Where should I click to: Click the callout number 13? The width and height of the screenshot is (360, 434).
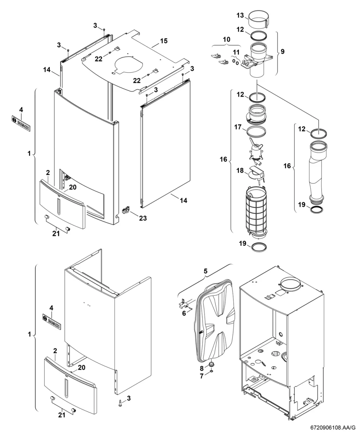click(240, 15)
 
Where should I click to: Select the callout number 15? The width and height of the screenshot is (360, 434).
click(164, 41)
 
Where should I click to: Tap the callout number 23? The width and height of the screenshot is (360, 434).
click(143, 218)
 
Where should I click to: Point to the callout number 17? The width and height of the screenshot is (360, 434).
click(238, 127)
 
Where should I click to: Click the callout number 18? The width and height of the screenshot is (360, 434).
click(240, 171)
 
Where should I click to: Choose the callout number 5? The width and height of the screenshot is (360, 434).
click(206, 271)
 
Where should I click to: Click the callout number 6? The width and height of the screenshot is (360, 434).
click(184, 319)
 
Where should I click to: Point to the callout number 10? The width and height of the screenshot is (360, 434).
click(226, 39)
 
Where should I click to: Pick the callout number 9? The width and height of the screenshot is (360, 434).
click(283, 51)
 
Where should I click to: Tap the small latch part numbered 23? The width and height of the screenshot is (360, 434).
click(126, 210)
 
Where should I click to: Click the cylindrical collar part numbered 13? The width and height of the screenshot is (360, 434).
click(257, 21)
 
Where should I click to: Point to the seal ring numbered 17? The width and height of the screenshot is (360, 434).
click(256, 132)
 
